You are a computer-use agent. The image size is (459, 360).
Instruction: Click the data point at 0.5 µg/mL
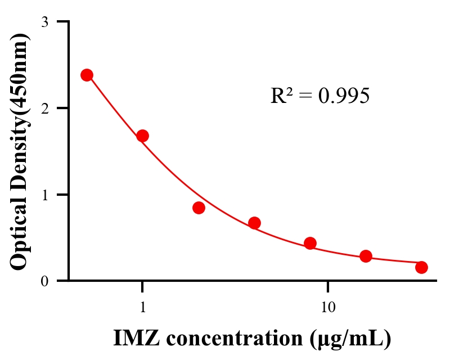87,75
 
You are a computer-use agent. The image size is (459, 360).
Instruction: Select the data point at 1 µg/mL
142,136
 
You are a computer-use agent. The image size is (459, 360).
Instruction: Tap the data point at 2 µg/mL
199,208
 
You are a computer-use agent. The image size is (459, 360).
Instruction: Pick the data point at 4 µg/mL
254,223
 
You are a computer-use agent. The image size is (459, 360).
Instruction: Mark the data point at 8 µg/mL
310,243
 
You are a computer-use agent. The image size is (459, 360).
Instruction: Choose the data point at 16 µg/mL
366,256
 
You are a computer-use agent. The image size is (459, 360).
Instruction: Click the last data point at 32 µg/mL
421,267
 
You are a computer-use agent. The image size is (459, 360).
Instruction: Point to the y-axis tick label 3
44,22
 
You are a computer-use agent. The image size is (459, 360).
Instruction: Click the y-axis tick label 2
44,108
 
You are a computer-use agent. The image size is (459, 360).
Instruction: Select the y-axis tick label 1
44,195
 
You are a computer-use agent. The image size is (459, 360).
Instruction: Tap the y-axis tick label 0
44,281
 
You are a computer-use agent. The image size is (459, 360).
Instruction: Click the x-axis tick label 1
142,307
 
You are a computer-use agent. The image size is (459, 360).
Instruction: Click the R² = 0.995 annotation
319,96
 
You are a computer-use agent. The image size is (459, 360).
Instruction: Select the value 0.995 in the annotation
344,96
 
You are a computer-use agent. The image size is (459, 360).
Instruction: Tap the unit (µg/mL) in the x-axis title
350,339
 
